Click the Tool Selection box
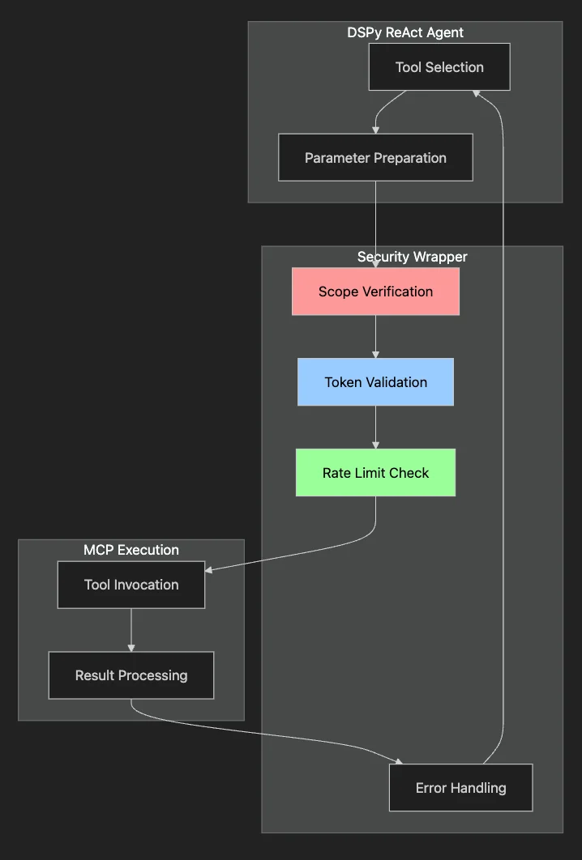point(439,67)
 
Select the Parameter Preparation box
point(375,158)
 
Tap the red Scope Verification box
point(375,292)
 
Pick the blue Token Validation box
point(375,382)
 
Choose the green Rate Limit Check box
point(375,473)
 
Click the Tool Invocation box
point(131,585)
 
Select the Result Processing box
point(131,675)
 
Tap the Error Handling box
point(460,787)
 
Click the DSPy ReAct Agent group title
point(405,32)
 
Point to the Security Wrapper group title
point(412,257)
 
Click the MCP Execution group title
point(131,550)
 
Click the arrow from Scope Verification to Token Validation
point(375,336)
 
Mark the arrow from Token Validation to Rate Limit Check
point(375,427)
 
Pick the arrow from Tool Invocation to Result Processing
point(131,629)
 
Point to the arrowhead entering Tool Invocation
point(209,570)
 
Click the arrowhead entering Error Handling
point(397,761)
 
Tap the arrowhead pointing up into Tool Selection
point(478,94)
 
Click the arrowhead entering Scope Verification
point(375,264)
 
